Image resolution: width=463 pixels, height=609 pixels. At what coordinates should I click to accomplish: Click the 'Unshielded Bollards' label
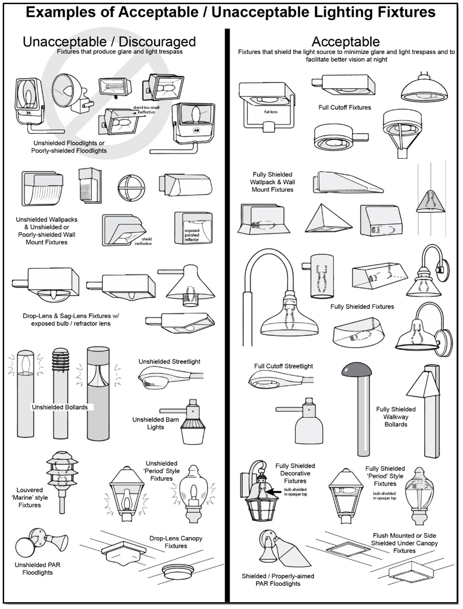pyautogui.click(x=59, y=407)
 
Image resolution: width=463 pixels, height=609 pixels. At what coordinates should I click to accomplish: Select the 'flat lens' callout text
pyautogui.click(x=271, y=112)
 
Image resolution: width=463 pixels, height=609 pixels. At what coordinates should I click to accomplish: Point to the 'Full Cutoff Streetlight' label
pyautogui.click(x=284, y=366)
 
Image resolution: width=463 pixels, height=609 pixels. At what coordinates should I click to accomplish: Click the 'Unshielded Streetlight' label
pyautogui.click(x=169, y=362)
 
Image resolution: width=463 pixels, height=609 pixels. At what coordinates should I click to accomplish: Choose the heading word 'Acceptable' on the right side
pyautogui.click(x=345, y=42)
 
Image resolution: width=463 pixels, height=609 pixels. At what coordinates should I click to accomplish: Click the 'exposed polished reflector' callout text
pyautogui.click(x=192, y=235)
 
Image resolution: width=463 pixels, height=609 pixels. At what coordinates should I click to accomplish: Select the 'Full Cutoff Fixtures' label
pyautogui.click(x=345, y=107)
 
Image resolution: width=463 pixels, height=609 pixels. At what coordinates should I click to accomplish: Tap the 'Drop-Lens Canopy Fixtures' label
pyautogui.click(x=176, y=542)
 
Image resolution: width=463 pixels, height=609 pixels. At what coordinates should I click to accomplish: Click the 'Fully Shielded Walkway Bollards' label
pyautogui.click(x=396, y=417)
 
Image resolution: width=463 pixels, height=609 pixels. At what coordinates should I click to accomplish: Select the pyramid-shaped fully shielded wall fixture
pyautogui.click(x=328, y=218)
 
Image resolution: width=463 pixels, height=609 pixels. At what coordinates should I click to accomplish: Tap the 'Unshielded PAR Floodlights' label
pyautogui.click(x=38, y=569)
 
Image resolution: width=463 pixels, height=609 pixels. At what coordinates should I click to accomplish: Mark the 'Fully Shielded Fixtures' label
pyautogui.click(x=362, y=307)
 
